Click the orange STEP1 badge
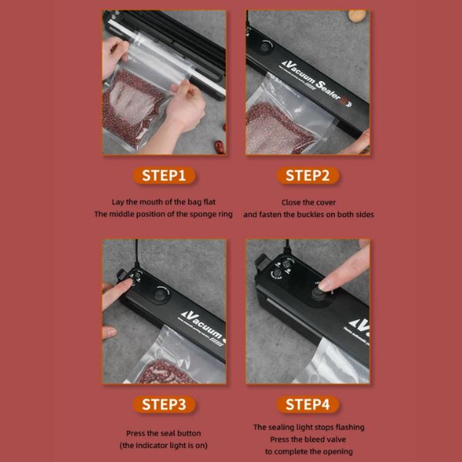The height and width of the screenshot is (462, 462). (164, 176)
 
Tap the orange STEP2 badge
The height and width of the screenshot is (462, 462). (307, 176)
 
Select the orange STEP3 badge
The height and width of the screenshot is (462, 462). (164, 404)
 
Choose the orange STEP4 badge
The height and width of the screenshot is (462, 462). (307, 404)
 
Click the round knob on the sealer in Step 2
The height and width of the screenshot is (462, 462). (265, 47)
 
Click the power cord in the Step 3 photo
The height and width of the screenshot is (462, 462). (137, 253)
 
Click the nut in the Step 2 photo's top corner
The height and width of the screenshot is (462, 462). (357, 15)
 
